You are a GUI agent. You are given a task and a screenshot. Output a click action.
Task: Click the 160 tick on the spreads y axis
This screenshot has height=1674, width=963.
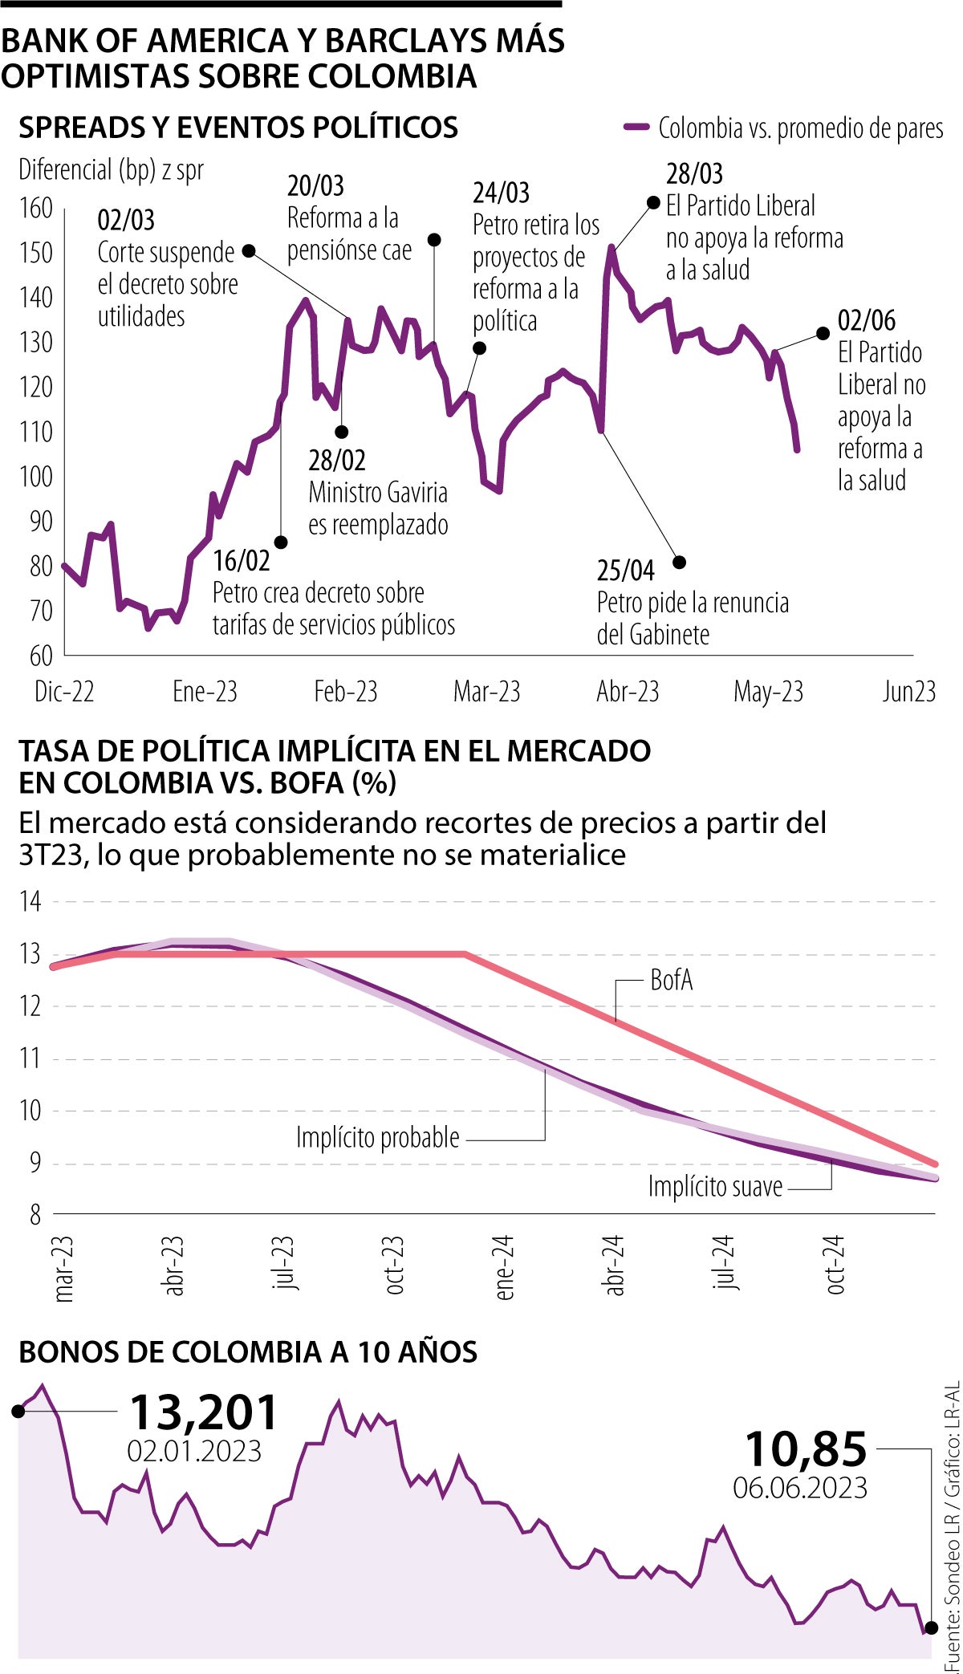point(35,209)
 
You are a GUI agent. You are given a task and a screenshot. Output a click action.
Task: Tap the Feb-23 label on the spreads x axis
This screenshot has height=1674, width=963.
point(345,692)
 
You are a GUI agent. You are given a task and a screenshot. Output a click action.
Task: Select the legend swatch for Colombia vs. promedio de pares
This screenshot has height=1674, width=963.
point(636,127)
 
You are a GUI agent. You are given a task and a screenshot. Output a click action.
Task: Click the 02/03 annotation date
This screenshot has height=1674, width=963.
point(126,220)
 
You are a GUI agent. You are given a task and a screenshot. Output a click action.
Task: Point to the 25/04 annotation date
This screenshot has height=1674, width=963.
point(626,571)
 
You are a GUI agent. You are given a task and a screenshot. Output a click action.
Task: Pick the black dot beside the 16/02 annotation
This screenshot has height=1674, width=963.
point(281,542)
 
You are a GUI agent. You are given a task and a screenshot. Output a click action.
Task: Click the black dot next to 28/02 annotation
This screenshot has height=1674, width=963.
point(341,432)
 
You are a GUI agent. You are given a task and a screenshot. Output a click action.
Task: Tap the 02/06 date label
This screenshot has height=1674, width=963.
point(867,321)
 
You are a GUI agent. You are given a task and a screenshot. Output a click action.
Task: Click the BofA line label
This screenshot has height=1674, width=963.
point(672,980)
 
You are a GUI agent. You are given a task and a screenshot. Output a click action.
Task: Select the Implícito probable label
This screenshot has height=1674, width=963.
point(378,1137)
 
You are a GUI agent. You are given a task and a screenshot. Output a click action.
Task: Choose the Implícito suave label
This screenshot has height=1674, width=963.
point(715,1186)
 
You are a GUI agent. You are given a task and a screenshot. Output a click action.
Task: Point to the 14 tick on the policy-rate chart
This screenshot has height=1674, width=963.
point(30,901)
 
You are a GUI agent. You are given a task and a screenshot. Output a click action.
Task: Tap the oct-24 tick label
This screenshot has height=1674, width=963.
point(835,1265)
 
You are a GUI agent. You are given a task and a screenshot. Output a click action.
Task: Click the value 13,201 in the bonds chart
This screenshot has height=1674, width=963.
point(204,1412)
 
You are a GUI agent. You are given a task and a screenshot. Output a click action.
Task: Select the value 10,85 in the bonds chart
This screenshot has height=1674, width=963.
point(807,1449)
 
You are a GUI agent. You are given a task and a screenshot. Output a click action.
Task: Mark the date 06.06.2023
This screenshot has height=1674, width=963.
point(800,1487)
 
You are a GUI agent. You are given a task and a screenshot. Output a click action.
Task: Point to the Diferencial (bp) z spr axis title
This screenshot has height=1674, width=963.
point(111,170)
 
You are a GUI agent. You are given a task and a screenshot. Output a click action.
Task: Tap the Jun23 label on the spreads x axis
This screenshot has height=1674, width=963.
point(908,692)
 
